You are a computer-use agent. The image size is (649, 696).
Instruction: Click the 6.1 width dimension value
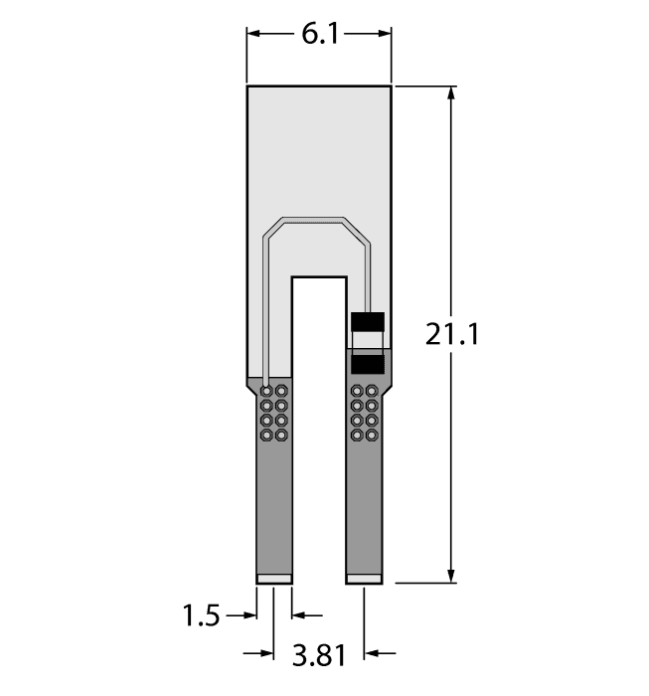(320, 34)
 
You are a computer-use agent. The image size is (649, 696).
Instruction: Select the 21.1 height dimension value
(452, 334)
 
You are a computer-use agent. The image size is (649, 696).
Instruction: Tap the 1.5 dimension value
(201, 616)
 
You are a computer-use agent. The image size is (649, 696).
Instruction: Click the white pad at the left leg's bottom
(273, 578)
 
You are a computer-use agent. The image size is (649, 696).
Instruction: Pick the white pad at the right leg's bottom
(364, 578)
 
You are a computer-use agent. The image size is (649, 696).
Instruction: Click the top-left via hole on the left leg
(266, 391)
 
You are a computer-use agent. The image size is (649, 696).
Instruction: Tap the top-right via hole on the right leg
(372, 391)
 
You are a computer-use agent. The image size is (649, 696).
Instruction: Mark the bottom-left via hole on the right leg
(357, 435)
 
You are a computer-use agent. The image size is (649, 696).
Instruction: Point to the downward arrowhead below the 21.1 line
(452, 576)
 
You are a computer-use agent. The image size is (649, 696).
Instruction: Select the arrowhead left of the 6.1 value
(254, 34)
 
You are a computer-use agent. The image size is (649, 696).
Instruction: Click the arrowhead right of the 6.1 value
(385, 34)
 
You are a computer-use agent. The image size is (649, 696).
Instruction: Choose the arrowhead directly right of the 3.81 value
(372, 653)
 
